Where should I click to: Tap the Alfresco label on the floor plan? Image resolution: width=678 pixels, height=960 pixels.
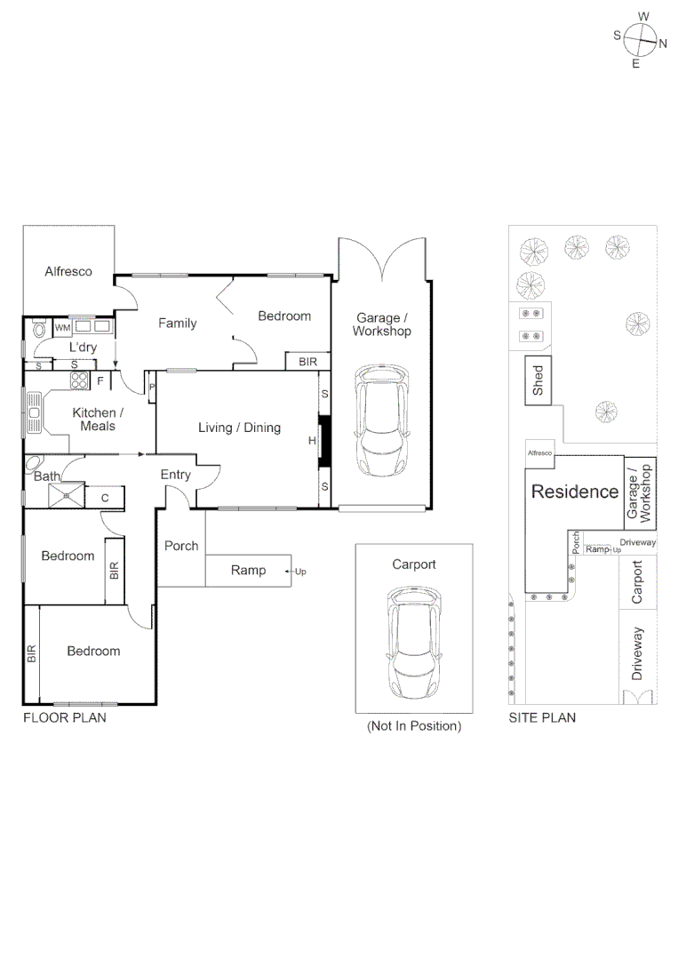click(x=68, y=271)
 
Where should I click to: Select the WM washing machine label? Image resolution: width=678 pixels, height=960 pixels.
click(x=62, y=329)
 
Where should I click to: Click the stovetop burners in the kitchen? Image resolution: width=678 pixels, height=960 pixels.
click(x=79, y=380)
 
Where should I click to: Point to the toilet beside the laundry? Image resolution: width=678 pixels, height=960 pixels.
click(x=37, y=330)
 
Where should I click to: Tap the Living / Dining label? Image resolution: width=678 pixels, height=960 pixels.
click(x=239, y=428)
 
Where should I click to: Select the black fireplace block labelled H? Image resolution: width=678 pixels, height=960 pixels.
click(x=324, y=440)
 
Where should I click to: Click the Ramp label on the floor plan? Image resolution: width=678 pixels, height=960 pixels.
click(x=248, y=570)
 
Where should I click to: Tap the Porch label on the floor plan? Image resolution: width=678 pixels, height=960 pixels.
click(x=181, y=546)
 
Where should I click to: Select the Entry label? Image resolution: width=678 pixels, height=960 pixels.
click(x=175, y=475)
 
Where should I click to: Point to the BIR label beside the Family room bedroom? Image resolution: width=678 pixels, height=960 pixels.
click(x=307, y=362)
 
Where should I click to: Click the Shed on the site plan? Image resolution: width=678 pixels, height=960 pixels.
click(x=538, y=380)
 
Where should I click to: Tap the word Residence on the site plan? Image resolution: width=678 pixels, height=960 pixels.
click(x=575, y=492)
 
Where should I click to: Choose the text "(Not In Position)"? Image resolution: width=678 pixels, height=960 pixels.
click(x=414, y=726)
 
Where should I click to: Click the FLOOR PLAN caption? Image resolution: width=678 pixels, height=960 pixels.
click(x=64, y=717)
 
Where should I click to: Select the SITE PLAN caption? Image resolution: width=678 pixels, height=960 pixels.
click(x=542, y=717)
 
